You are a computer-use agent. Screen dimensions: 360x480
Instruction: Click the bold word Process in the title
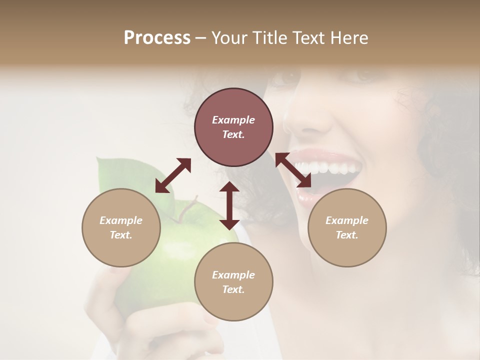coord(157,38)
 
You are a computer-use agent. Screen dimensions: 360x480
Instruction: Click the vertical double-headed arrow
coord(229,205)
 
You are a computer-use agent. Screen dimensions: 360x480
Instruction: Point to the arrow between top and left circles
coord(173,175)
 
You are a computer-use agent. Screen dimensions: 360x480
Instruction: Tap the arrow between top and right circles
coord(293,170)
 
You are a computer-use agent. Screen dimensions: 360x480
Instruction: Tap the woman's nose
coord(305,120)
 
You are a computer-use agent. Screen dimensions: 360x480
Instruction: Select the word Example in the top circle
coord(233,120)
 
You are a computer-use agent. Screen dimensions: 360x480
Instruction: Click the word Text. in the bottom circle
coord(233,289)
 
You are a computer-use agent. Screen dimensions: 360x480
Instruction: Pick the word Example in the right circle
coord(347,220)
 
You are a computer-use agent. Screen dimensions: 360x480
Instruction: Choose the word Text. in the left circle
coord(121,235)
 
